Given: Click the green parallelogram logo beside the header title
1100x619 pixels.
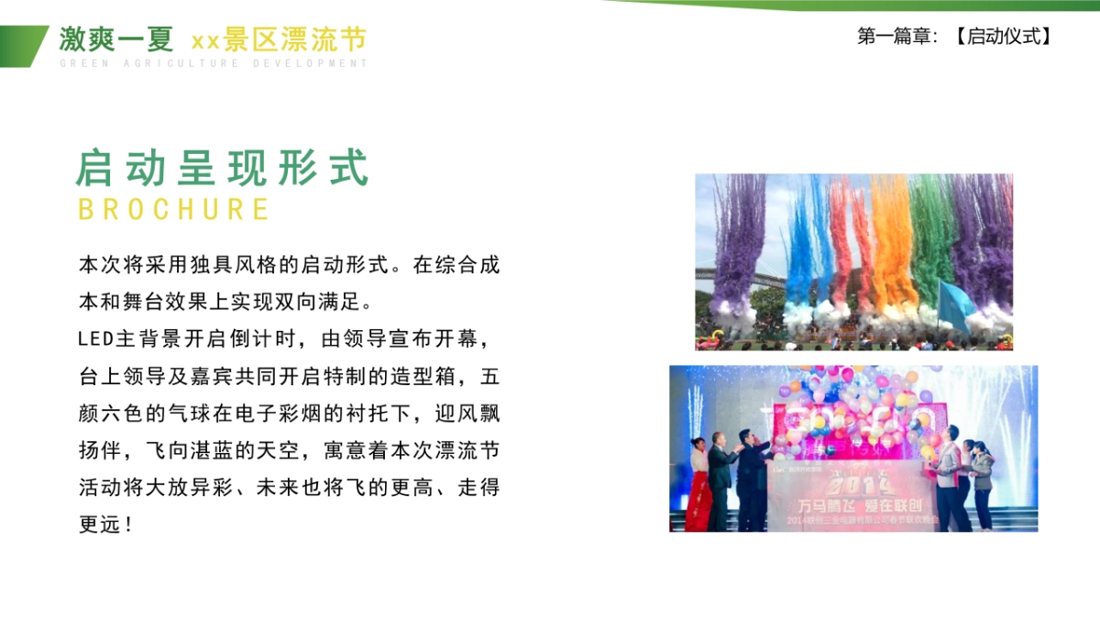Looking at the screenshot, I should click(x=22, y=46).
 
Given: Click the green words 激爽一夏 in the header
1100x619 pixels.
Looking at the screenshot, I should click(x=116, y=39).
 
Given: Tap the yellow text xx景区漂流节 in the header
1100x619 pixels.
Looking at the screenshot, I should click(x=279, y=39).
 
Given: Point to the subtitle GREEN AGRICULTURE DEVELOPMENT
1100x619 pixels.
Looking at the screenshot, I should click(x=213, y=63).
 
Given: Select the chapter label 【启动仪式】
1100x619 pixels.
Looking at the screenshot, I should click(x=1001, y=37).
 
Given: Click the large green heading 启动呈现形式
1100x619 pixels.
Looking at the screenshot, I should click(x=223, y=168).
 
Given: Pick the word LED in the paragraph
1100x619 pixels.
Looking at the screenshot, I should click(x=96, y=339).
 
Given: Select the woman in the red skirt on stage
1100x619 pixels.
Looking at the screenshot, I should click(x=699, y=486).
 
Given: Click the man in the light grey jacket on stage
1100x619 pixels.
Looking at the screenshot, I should click(x=949, y=477).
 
